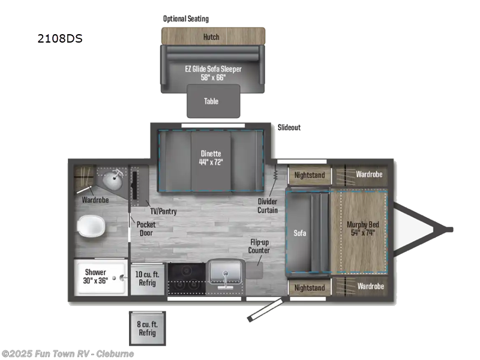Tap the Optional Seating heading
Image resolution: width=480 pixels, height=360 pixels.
186,19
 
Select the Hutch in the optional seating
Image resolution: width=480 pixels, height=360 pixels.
211,36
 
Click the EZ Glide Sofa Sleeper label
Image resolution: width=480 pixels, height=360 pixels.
213,73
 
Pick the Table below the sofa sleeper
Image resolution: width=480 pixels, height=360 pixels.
211,101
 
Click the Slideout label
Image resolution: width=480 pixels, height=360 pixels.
289,128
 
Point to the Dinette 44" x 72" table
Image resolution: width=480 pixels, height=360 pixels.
211,157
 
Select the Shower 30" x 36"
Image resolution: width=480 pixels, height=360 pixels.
95,276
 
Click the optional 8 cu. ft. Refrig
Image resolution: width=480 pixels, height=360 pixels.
147,328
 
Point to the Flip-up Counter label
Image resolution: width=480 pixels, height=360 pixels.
260,246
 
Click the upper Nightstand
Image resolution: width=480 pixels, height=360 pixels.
309,175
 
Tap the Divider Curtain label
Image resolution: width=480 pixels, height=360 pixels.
268,205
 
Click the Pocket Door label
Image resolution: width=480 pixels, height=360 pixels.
146,228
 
